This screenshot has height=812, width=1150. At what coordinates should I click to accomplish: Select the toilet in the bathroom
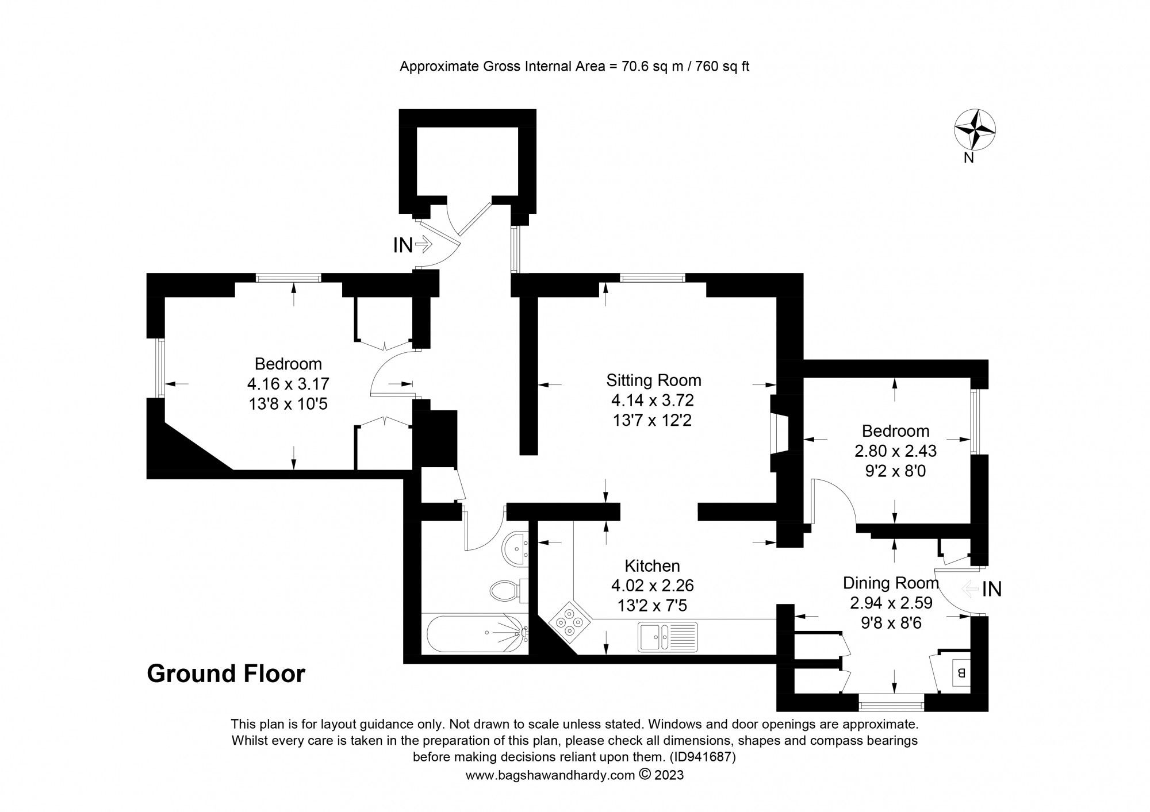coord(507,590)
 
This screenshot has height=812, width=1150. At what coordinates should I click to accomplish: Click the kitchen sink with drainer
coord(667,637)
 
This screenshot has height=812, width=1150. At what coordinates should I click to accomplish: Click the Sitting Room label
coord(654,380)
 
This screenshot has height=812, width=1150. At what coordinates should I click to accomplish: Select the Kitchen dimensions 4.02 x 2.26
coord(652,586)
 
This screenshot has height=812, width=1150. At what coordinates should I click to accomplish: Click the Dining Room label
coord(890,583)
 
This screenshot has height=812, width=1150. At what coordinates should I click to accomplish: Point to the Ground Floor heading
coord(226,674)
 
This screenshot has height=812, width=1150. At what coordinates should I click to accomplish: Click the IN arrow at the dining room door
coord(972,588)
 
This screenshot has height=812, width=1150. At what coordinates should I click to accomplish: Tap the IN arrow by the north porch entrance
coord(422,245)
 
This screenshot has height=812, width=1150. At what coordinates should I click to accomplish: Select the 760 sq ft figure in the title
coord(722,66)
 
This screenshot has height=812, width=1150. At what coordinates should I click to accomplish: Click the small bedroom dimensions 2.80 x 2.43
coord(895,451)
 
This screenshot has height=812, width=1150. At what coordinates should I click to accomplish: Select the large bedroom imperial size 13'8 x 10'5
coord(287,404)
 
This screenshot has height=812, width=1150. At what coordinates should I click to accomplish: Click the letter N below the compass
coord(969,158)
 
